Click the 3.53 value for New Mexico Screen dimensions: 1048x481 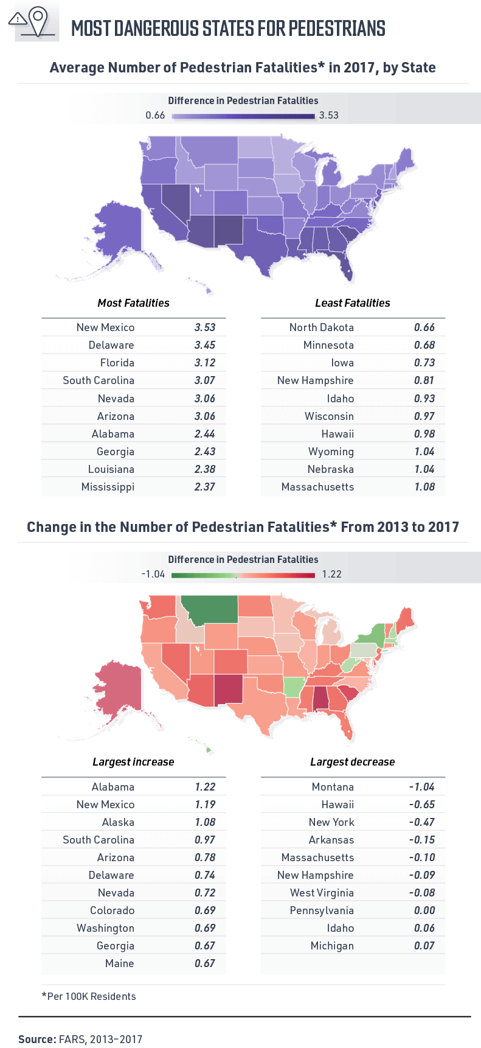coord(205,327)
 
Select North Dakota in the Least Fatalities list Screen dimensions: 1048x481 coord(321,327)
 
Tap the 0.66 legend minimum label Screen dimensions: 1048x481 coord(155,116)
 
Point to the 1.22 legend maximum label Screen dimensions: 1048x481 coord(331,575)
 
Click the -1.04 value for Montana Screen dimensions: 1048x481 coord(421,787)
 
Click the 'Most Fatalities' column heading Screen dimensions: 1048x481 coord(133,303)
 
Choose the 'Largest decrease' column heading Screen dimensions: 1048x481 coord(352,762)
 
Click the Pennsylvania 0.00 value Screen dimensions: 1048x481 coord(424,910)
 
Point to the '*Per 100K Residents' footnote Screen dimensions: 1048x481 coord(89,996)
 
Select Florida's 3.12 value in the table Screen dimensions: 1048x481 coord(205,363)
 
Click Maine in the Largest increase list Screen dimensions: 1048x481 coord(119,963)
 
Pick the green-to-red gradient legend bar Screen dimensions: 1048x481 coord(243,575)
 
